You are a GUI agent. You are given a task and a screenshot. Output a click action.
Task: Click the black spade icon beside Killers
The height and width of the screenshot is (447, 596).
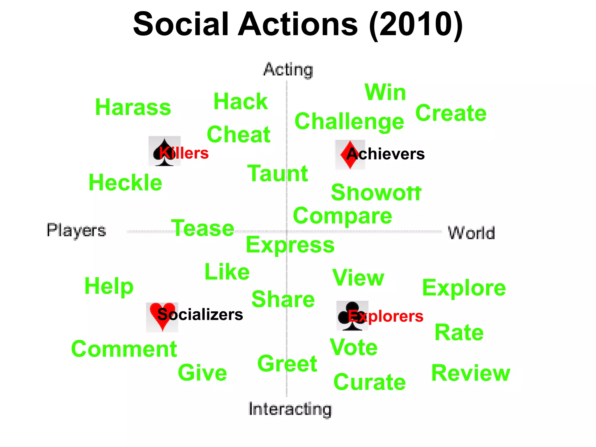point(164,151)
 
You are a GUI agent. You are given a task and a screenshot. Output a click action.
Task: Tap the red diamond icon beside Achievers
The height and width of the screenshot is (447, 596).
point(350,155)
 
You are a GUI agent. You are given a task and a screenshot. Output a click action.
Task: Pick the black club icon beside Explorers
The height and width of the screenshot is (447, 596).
point(352,316)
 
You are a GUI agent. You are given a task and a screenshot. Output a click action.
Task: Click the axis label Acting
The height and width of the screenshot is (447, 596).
point(288,70)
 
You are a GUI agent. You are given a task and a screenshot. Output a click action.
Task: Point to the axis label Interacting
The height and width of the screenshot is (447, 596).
point(290,409)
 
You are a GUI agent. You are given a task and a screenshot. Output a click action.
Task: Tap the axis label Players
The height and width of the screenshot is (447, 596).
point(76,230)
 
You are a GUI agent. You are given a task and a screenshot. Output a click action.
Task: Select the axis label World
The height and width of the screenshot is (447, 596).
point(471,233)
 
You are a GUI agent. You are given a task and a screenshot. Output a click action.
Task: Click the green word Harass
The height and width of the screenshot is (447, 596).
point(133,107)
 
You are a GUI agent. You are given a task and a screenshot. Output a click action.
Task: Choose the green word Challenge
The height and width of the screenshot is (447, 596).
point(349,122)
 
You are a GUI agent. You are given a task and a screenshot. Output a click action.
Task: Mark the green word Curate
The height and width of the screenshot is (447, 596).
point(370,382)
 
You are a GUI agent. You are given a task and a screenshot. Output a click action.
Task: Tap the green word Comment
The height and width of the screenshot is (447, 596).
point(124,349)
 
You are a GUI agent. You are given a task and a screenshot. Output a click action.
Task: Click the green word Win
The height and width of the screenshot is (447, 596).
point(385,93)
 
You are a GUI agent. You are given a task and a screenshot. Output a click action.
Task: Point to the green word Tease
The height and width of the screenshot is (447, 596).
point(203,228)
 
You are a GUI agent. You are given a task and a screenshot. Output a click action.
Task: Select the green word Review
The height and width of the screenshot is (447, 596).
point(471,373)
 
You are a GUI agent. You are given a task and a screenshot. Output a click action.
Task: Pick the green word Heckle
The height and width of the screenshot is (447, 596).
point(125,183)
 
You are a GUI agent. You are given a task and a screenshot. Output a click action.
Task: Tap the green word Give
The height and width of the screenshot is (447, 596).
point(202,373)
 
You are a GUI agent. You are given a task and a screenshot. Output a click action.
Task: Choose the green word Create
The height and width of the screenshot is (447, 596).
point(451,113)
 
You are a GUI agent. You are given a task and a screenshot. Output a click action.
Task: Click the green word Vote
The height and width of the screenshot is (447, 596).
point(354,347)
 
